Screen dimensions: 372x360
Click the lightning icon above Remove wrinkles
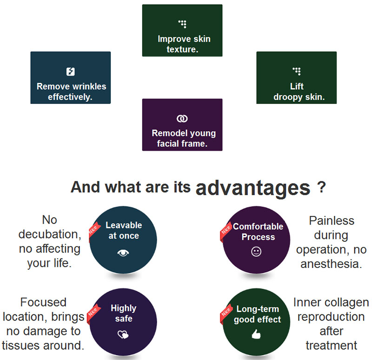tap(71, 72)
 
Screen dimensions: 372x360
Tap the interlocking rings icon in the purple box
tap(182, 119)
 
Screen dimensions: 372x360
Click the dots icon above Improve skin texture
tap(182, 24)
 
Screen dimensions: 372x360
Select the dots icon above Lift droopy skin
tap(297, 71)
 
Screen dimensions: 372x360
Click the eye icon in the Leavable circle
tap(123, 253)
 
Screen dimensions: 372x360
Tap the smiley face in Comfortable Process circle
tap(256, 252)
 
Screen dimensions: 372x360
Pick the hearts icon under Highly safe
tap(123, 334)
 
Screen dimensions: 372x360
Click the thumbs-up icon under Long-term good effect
tap(256, 334)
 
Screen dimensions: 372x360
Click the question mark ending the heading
tap(321, 187)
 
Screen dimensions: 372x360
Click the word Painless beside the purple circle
tap(332, 221)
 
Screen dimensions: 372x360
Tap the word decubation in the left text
tap(50, 234)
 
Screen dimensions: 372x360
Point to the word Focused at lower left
tap(43, 302)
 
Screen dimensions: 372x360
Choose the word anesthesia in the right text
tap(331, 264)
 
